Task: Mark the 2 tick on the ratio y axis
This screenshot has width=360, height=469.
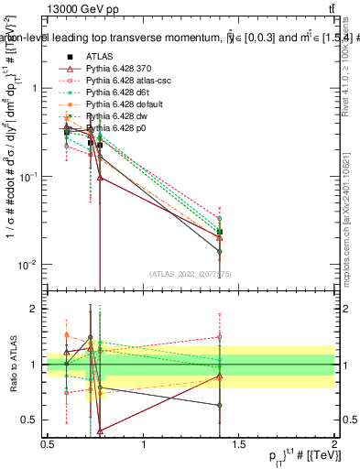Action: pyautogui.click(x=37, y=309)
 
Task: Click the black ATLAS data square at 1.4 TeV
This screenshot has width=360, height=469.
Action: pyautogui.click(x=220, y=232)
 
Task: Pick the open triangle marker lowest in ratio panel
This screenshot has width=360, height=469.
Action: pyautogui.click(x=99, y=430)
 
